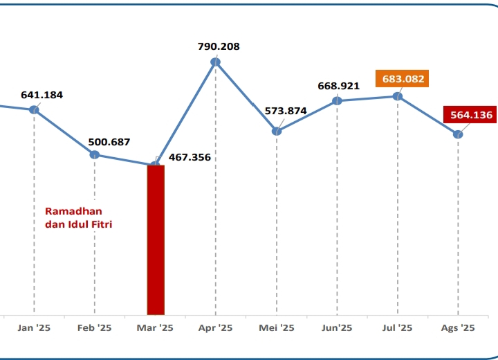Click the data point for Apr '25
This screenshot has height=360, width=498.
point(216,62)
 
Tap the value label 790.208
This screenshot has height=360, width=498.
point(218,47)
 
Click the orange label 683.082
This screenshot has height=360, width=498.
point(403,79)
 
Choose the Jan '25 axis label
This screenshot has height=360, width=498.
point(34,328)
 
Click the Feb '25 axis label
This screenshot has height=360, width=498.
point(95,328)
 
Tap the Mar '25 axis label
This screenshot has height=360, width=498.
point(156,328)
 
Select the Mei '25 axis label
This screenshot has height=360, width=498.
point(277,328)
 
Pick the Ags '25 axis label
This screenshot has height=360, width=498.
point(458,328)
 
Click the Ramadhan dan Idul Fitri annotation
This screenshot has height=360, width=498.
point(79,217)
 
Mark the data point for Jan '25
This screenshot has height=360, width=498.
point(34,110)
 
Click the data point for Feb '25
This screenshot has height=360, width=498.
point(95,154)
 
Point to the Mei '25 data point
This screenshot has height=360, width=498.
point(277,131)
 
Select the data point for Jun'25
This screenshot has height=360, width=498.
point(337,100)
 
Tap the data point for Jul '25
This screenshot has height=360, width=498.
point(398,96)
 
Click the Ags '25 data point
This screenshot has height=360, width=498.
point(458,134)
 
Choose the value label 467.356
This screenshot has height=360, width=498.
point(190,157)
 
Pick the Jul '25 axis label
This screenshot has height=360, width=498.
point(398,328)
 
